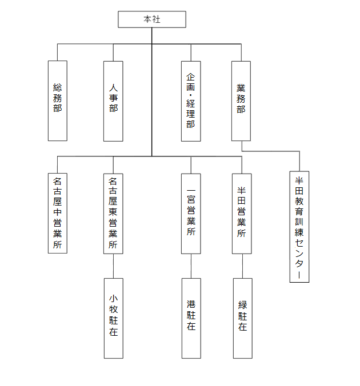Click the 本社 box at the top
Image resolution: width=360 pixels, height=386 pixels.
point(152,19)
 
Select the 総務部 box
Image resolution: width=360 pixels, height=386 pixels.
point(57,100)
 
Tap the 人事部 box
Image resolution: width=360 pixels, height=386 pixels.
point(113,100)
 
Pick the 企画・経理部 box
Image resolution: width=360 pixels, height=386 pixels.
point(191,100)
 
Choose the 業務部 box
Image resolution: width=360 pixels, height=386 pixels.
point(241,100)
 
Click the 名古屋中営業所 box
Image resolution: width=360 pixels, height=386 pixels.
point(57,213)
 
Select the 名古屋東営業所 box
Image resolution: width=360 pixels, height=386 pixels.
point(113,213)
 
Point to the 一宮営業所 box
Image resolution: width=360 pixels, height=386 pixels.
point(191,213)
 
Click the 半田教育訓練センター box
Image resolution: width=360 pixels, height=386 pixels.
point(299,226)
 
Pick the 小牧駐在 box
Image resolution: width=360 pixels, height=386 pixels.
point(113,318)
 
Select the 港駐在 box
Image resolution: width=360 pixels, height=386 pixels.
point(191,318)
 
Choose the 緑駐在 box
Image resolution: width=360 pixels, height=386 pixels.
point(242,318)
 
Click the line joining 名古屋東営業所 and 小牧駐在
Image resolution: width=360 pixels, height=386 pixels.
point(113,266)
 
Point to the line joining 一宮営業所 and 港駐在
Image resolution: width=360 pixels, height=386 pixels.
point(191,266)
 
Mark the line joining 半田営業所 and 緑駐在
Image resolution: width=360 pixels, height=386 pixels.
point(242,266)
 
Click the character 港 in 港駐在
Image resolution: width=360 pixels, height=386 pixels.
point(191,304)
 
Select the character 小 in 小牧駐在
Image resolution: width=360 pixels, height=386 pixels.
point(113,298)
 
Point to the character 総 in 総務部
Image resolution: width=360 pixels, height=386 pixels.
point(57,87)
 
